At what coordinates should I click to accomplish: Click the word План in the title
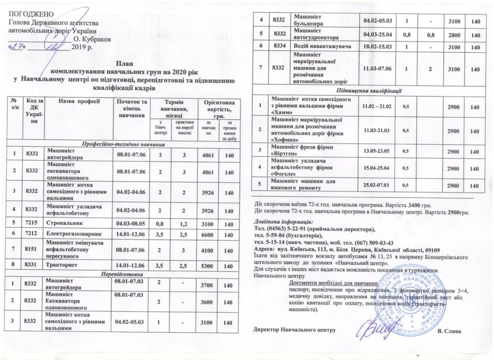123,63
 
